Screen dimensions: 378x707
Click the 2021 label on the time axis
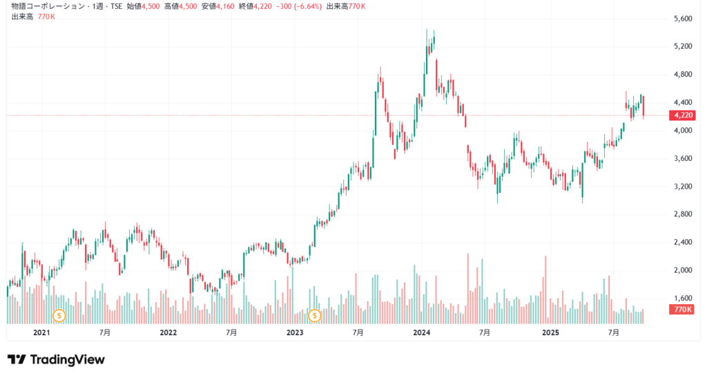pyautogui.click(x=42, y=332)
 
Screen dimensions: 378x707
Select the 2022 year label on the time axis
pyautogui.click(x=168, y=332)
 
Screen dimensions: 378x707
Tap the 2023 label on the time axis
pyautogui.click(x=295, y=332)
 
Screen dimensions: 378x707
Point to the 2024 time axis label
pyautogui.click(x=422, y=332)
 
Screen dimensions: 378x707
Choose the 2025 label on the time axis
pyautogui.click(x=550, y=332)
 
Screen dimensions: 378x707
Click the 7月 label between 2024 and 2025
pyautogui.click(x=485, y=332)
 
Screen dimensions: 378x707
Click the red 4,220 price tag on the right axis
pyautogui.click(x=682, y=115)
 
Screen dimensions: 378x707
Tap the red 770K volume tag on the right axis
pyautogui.click(x=682, y=310)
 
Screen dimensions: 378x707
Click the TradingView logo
pyautogui.click(x=56, y=359)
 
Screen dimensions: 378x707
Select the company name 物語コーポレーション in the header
pyautogui.click(x=47, y=6)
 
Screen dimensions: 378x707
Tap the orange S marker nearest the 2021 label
pyautogui.click(x=59, y=316)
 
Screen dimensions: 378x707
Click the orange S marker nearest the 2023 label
pyautogui.click(x=315, y=316)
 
